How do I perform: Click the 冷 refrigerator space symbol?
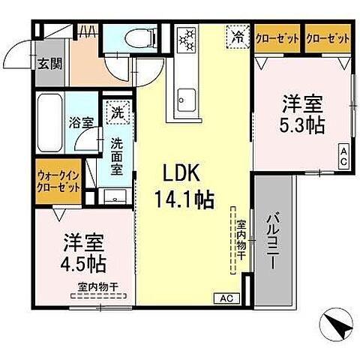tap(237, 35)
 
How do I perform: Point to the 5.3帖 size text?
tap(304, 124)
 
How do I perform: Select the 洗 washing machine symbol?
tap(117, 114)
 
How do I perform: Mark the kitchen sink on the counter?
tap(185, 97)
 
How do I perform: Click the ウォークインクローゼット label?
tap(57, 181)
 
